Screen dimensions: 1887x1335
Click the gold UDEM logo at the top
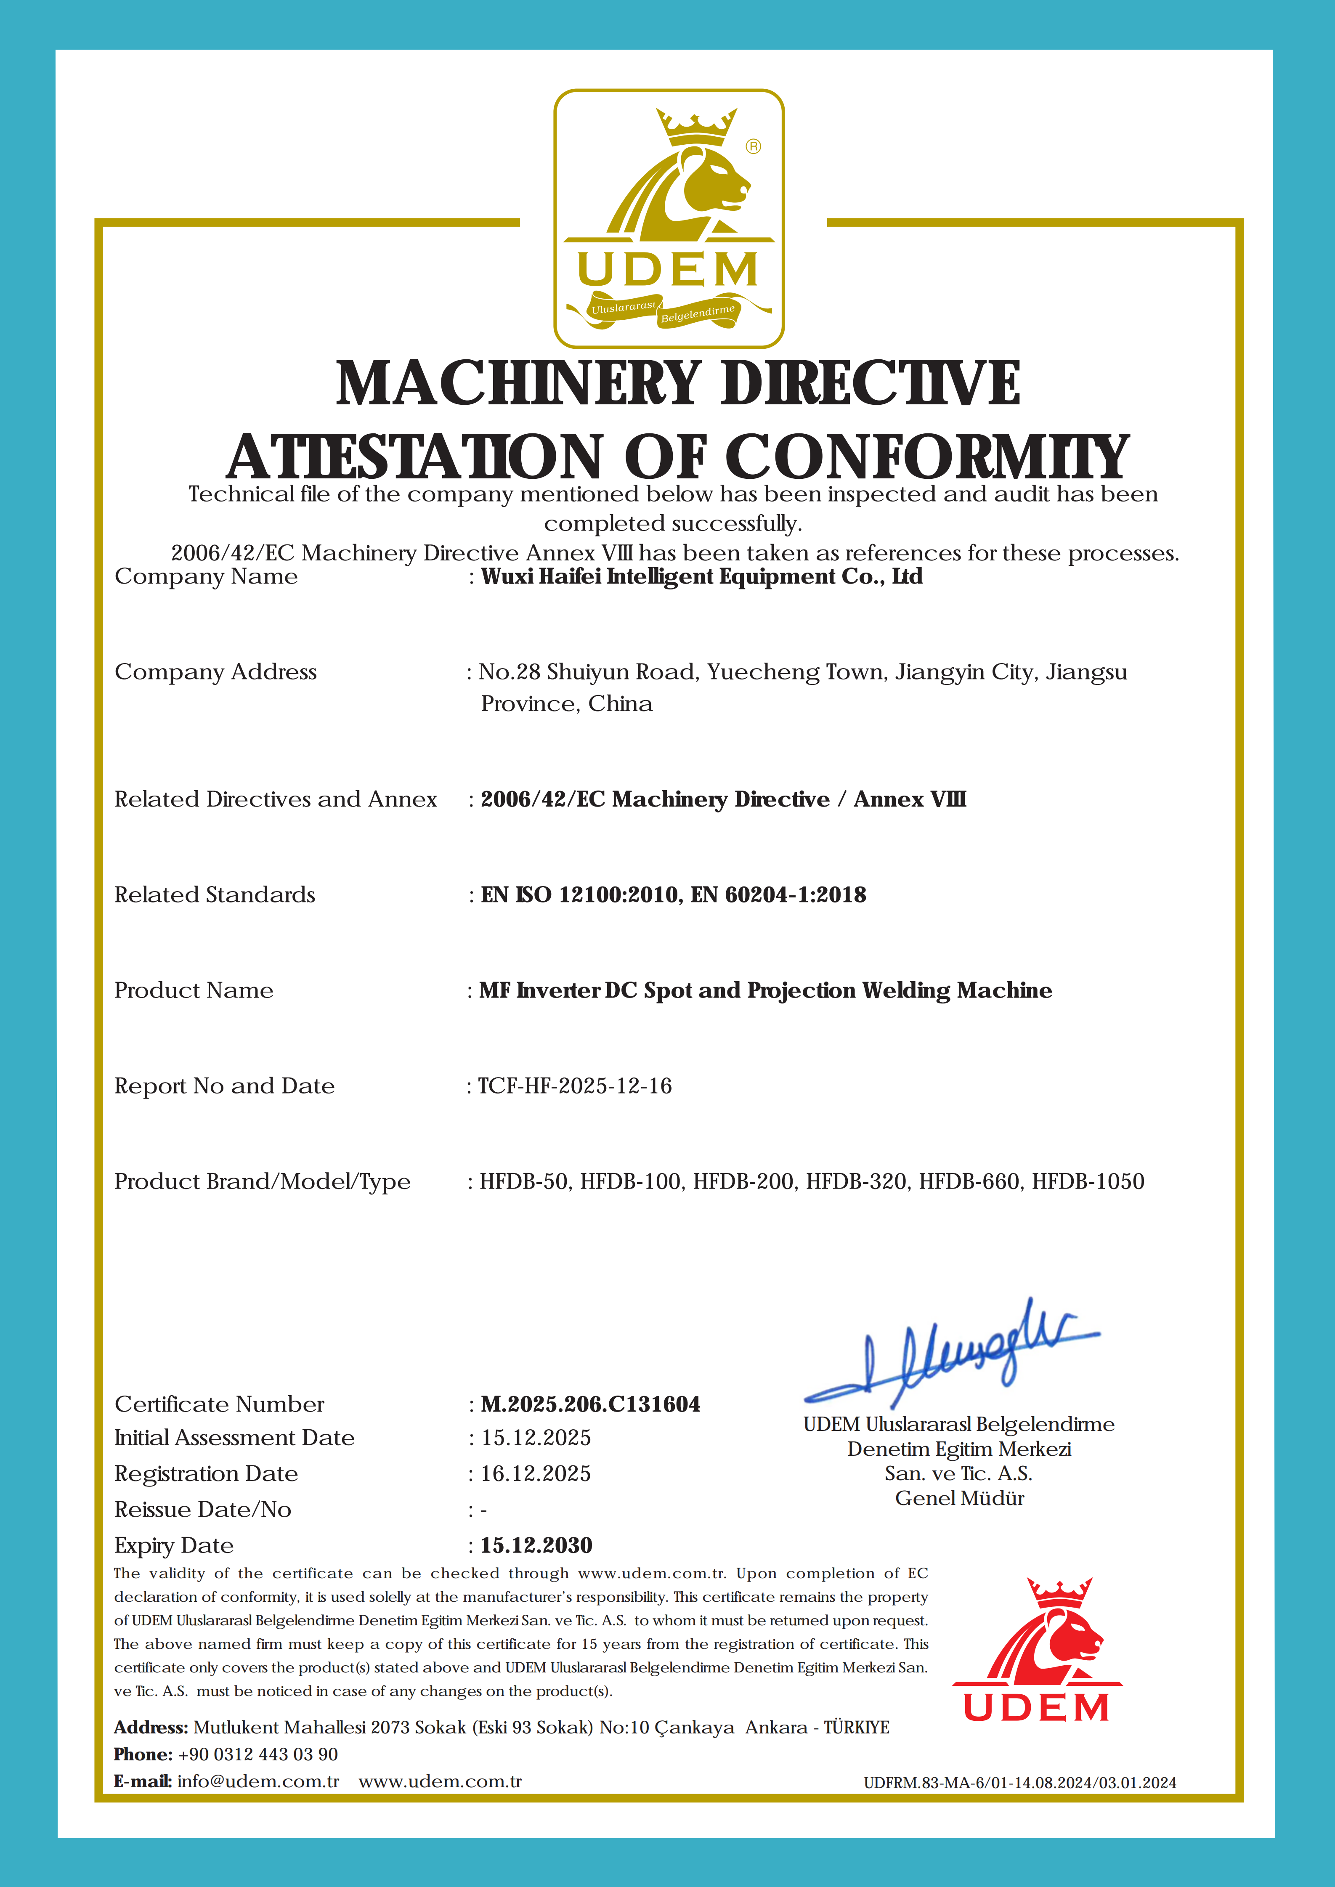(668, 219)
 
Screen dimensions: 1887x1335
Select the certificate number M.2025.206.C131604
(590, 1404)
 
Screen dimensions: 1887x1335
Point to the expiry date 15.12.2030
(536, 1545)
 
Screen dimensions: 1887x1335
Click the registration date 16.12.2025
(536, 1473)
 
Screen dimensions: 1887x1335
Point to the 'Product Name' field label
(194, 990)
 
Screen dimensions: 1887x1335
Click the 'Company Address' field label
(215, 672)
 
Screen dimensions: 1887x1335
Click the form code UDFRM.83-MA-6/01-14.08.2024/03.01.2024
(1019, 1783)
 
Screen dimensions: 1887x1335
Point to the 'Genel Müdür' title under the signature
(959, 1498)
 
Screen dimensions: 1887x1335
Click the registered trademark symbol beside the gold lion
(753, 146)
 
